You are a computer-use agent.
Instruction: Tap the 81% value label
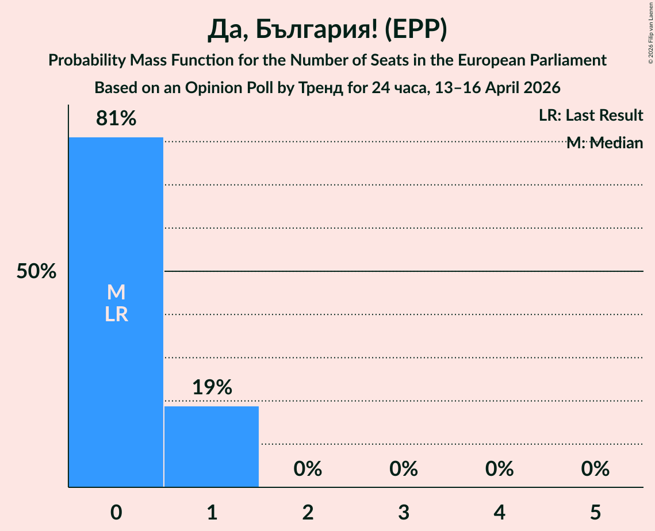[x=116, y=118]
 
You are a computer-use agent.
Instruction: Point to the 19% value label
[x=212, y=387]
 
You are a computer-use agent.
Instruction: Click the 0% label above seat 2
[x=308, y=469]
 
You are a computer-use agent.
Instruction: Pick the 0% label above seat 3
[x=404, y=469]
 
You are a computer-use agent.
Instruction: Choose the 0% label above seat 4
[x=499, y=469]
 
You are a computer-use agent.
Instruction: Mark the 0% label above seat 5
[x=595, y=469]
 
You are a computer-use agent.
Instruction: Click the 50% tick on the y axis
[x=36, y=271]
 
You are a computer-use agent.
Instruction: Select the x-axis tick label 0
[x=116, y=512]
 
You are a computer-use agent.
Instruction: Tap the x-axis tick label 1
[x=212, y=512]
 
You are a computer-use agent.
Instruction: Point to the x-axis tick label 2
[x=308, y=512]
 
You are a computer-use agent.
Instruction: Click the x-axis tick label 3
[x=404, y=512]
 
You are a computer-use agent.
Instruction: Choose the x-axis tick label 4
[x=499, y=512]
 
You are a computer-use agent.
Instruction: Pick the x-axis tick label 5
[x=595, y=512]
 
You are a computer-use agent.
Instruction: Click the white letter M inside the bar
[x=116, y=293]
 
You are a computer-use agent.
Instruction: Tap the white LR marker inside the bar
[x=116, y=314]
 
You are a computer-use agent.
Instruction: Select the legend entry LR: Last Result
[x=591, y=116]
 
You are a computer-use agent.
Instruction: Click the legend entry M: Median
[x=604, y=143]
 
